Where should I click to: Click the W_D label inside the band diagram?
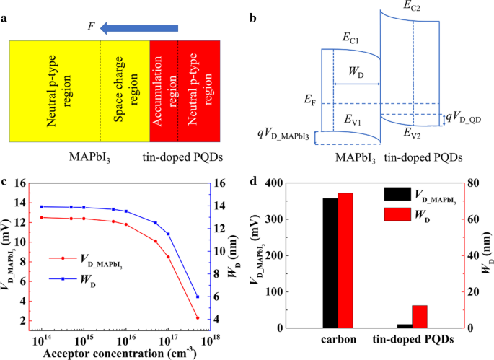click(354, 73)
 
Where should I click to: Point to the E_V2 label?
click(413, 133)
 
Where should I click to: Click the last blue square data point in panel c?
click(198, 297)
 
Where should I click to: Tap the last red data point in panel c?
click(198, 317)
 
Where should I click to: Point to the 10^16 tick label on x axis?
click(126, 338)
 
